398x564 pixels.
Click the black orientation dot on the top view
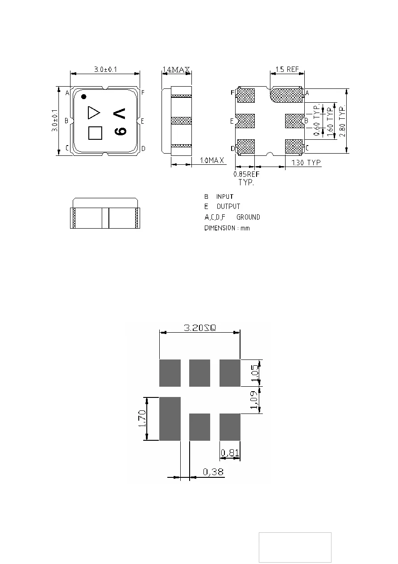(x=83, y=96)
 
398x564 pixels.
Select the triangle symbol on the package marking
(x=93, y=113)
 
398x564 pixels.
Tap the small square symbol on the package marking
(x=95, y=133)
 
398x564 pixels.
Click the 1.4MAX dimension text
(x=176, y=70)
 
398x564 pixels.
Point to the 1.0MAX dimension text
(x=210, y=160)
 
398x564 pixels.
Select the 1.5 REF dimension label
(x=287, y=70)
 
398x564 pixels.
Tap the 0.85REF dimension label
(x=247, y=175)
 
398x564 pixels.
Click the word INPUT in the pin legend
(x=225, y=196)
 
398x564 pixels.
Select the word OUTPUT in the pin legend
(x=228, y=207)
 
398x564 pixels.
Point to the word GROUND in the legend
(x=248, y=217)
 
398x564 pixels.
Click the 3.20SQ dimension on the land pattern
(x=199, y=328)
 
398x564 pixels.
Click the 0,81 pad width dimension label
(x=230, y=453)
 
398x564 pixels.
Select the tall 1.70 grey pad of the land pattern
(x=170, y=418)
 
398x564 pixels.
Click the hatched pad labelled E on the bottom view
(x=245, y=121)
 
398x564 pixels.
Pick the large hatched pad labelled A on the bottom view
(x=288, y=95)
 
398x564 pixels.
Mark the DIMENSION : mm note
(x=227, y=228)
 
